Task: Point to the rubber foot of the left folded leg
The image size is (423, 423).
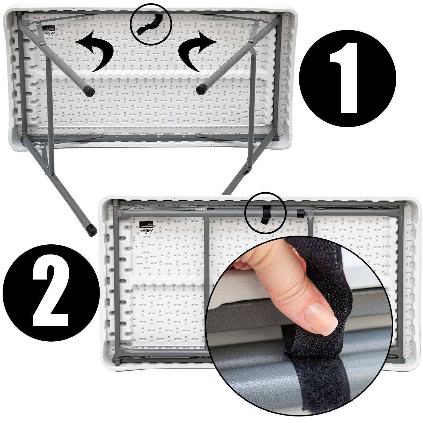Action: (88, 89)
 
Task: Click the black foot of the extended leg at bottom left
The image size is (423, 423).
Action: (91, 230)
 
